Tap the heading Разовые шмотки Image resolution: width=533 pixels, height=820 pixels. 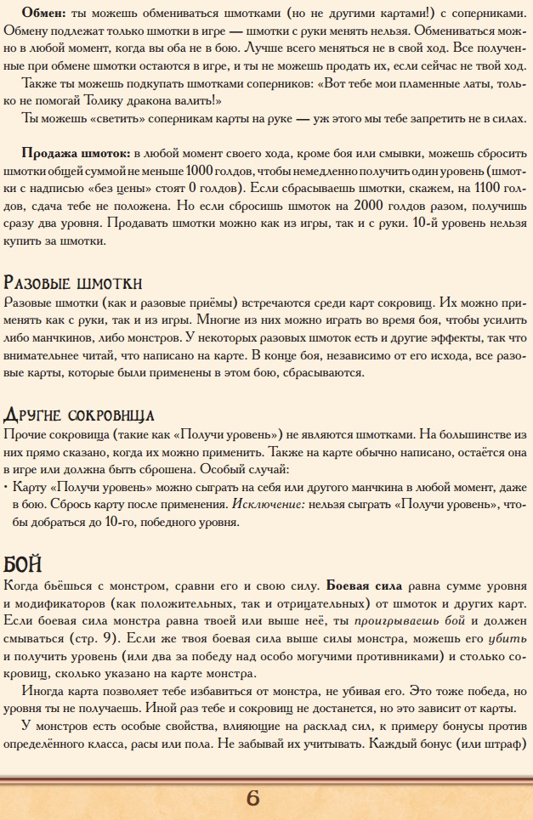[x=73, y=283]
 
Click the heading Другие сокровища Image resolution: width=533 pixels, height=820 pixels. [x=79, y=414]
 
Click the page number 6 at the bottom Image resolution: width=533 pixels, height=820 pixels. [x=252, y=798]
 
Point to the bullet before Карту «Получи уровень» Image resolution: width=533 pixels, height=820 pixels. [x=7, y=487]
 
